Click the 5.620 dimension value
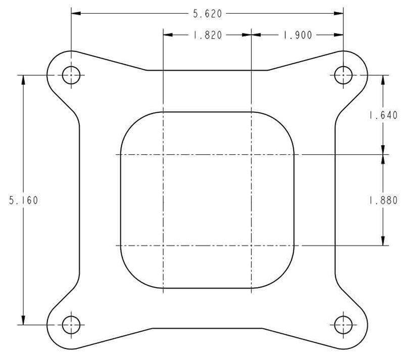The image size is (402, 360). (x=207, y=14)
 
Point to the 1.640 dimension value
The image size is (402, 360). (x=383, y=115)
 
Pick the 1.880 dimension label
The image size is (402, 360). (x=383, y=200)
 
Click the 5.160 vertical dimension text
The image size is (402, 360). (x=23, y=200)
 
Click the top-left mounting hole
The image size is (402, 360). (x=71, y=75)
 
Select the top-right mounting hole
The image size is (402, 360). (x=343, y=75)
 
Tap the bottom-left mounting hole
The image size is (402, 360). (x=71, y=324)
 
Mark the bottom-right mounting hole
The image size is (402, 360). (x=343, y=324)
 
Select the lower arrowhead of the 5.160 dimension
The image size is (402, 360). (x=23, y=320)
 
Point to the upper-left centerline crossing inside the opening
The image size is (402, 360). (x=163, y=154)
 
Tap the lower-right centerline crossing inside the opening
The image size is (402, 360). (x=251, y=246)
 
